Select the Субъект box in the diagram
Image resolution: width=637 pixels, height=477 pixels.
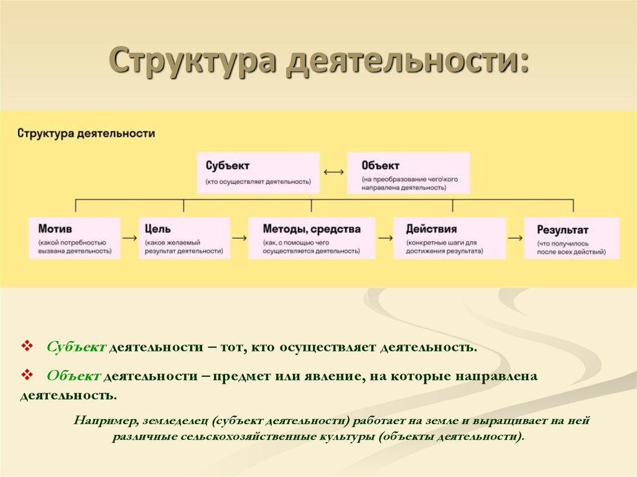click(x=259, y=172)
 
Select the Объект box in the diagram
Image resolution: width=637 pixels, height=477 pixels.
click(x=408, y=172)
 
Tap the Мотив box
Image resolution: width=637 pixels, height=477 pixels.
click(x=74, y=238)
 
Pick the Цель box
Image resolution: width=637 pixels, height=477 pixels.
click(x=184, y=238)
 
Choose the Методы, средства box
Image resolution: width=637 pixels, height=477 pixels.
click(x=312, y=238)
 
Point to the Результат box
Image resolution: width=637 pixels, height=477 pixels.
click(x=571, y=238)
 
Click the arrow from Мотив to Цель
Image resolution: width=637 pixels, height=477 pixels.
click(x=129, y=238)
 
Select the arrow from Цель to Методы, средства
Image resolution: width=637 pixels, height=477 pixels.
click(x=239, y=238)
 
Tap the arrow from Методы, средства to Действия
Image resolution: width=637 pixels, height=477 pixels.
click(x=385, y=238)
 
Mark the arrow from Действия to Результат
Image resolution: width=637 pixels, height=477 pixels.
click(x=514, y=238)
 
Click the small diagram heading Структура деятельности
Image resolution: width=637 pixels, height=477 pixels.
click(x=86, y=133)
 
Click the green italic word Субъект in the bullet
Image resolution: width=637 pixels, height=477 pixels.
click(x=76, y=346)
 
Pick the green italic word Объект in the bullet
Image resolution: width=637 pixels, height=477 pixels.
click(x=73, y=376)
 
